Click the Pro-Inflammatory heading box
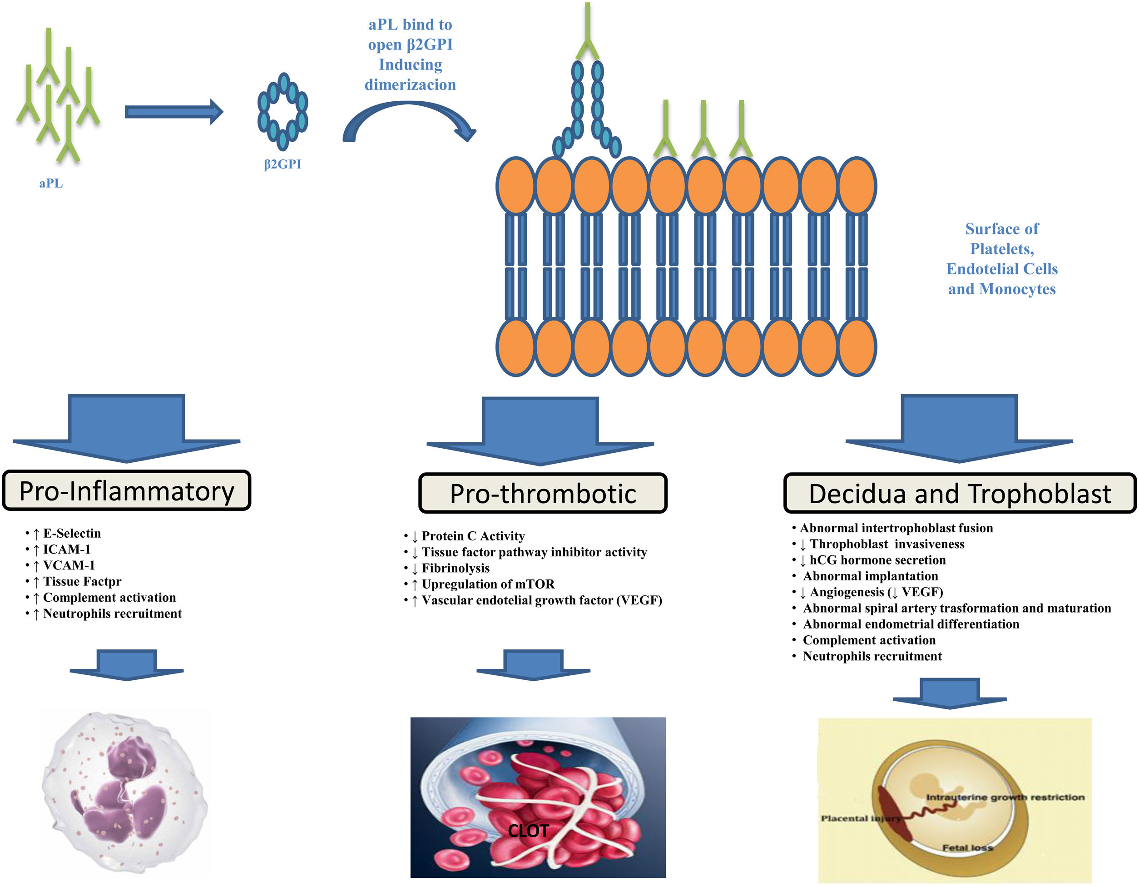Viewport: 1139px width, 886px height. tap(127, 491)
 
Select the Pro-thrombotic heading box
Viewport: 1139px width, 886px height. tap(543, 493)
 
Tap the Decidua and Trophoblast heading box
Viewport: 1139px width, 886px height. tap(960, 493)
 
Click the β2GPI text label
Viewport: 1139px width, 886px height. tap(282, 164)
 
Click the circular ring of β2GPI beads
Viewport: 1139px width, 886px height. tap(282, 111)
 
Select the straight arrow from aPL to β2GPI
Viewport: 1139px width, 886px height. tap(173, 112)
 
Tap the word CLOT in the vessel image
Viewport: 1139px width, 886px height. tap(528, 831)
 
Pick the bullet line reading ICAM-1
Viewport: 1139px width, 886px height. tap(66, 549)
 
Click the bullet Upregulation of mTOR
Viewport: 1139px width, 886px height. tap(488, 584)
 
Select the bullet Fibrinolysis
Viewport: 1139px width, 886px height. tap(456, 569)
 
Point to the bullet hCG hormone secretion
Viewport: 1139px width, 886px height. tap(877, 560)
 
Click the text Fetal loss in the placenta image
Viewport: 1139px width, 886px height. tap(967, 848)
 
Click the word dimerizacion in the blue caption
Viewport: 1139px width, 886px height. tap(410, 85)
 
